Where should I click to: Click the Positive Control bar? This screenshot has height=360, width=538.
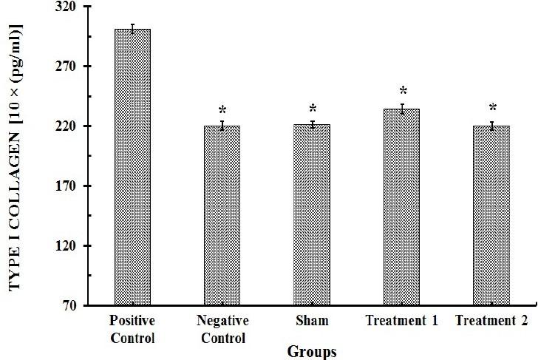(132, 167)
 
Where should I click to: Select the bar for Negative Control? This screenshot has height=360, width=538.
(222, 215)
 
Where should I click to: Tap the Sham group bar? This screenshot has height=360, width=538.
(312, 214)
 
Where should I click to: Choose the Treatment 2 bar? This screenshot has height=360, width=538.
(491, 215)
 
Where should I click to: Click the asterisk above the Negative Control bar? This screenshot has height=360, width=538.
(222, 112)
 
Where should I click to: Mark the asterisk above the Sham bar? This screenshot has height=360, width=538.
(313, 109)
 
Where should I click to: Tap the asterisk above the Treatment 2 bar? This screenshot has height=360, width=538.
(492, 109)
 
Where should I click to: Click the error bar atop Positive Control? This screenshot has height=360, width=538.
(132, 29)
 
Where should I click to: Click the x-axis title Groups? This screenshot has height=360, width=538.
(312, 351)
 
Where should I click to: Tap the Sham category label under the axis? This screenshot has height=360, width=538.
(311, 321)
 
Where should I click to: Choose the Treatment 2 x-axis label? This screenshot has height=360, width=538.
(491, 321)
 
